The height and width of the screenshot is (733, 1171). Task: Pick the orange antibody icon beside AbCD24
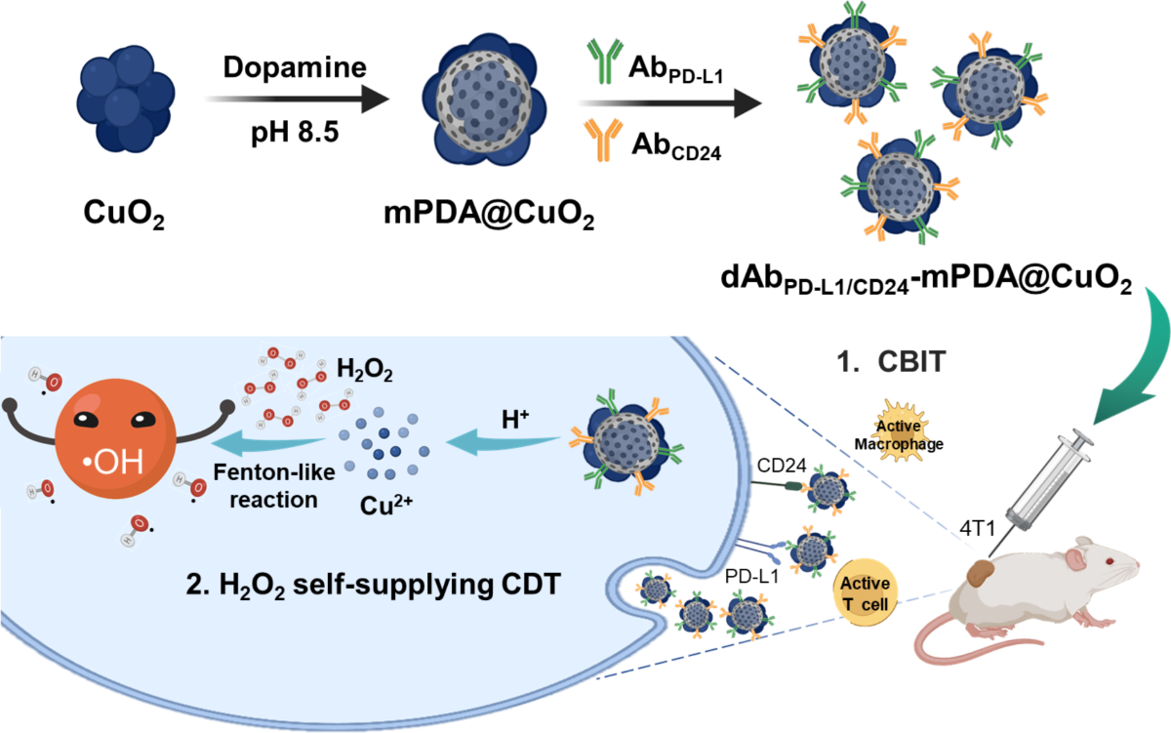pos(602,143)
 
